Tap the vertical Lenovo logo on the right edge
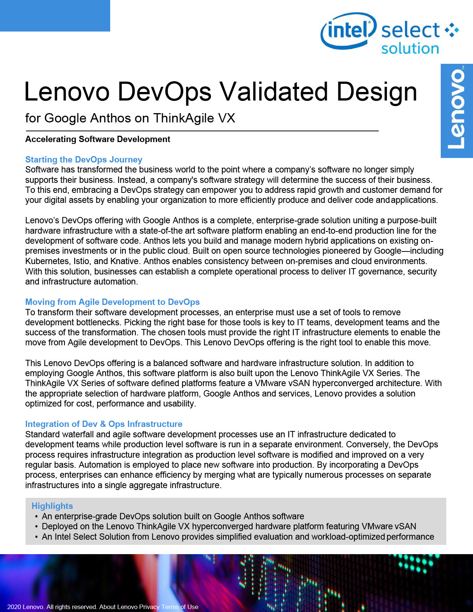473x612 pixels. (457, 111)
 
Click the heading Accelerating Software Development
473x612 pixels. (98, 139)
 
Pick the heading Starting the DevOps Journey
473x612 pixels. (83, 159)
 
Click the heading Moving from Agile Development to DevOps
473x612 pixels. (112, 302)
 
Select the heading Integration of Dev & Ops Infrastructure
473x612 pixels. (104, 424)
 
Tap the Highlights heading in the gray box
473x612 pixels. (52, 506)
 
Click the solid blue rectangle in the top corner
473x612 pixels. (55, 16)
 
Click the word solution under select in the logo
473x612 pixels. (410, 49)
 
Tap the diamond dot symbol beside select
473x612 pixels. (451, 30)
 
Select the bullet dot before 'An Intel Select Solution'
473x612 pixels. (36, 537)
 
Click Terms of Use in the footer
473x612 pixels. (180, 607)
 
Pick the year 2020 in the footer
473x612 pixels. (14, 607)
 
